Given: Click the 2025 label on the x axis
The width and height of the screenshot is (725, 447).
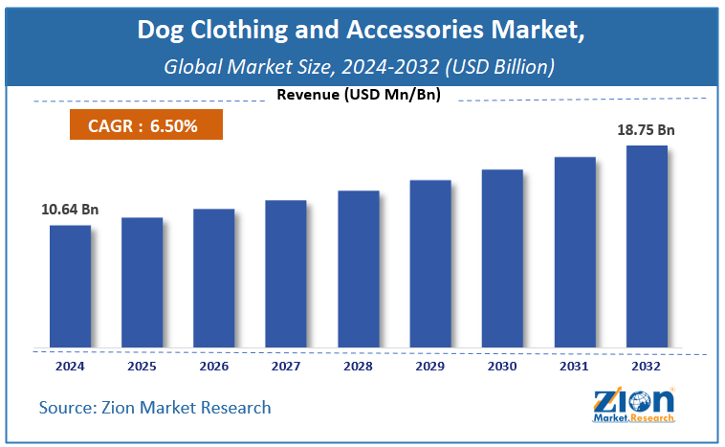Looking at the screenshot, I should click(142, 367).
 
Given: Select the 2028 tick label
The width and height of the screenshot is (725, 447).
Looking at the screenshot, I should click(358, 367).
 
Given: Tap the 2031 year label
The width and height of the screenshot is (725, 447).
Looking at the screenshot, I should click(574, 367).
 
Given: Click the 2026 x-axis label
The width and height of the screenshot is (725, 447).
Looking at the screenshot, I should click(213, 367).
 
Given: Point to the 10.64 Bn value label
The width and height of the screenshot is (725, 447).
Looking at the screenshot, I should click(70, 209).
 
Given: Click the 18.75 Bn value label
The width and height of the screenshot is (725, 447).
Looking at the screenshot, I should click(647, 128).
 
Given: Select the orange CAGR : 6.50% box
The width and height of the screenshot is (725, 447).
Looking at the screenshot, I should click(146, 125).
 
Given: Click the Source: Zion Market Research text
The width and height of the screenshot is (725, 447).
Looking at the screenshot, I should click(155, 408).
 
